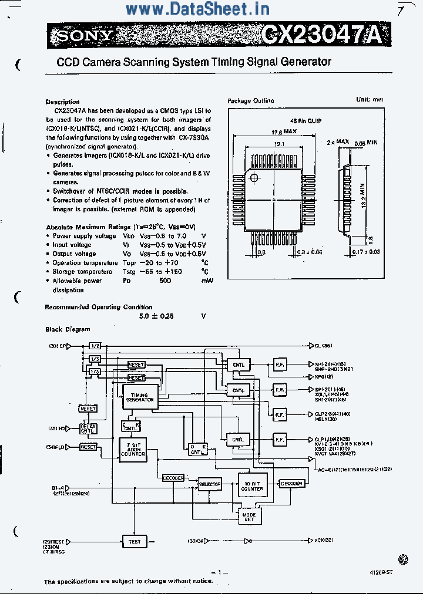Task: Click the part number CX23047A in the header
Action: pyautogui.click(x=321, y=36)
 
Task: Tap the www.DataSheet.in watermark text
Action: pyautogui.click(x=197, y=9)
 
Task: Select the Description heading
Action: pyautogui.click(x=62, y=102)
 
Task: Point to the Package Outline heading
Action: pyautogui.click(x=250, y=101)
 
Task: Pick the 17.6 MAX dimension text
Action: pyautogui.click(x=283, y=131)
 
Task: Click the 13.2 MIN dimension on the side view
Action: pyautogui.click(x=364, y=200)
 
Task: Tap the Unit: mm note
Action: pyautogui.click(x=370, y=99)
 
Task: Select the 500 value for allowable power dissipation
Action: pyautogui.click(x=165, y=281)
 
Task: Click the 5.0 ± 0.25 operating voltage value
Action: pyautogui.click(x=156, y=316)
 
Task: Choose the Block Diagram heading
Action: pyautogui.click(x=68, y=329)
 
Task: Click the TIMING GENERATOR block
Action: pyautogui.click(x=140, y=397)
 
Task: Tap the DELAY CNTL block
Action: pyautogui.click(x=88, y=428)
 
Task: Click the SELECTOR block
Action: pyautogui.click(x=210, y=484)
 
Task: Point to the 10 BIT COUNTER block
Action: pyautogui.click(x=252, y=485)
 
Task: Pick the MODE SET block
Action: pyautogui.click(x=249, y=517)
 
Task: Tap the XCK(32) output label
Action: pyautogui.click(x=324, y=540)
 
